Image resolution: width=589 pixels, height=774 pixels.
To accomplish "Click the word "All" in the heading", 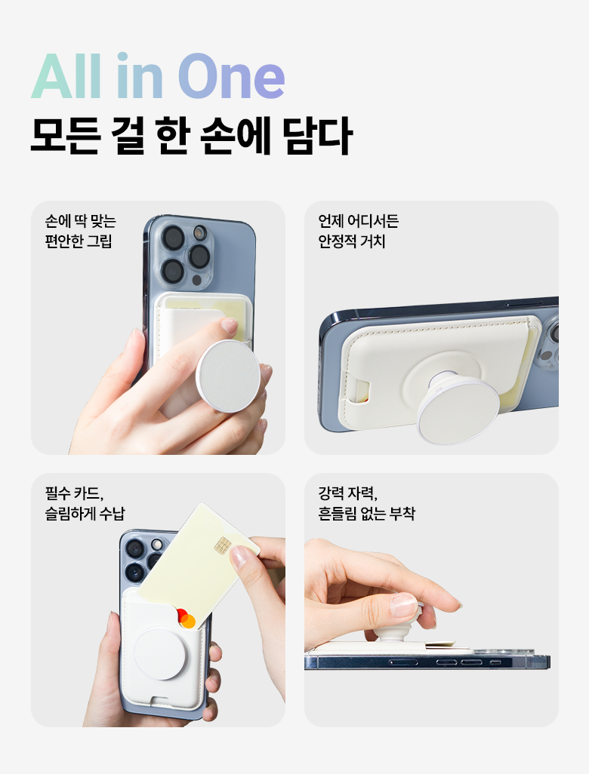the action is click(66, 76).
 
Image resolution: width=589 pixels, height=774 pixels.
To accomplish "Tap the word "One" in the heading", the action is click(231, 76).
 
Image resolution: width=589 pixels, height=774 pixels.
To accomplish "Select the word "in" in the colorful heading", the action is click(140, 76).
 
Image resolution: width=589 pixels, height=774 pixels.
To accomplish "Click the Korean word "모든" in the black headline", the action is click(66, 135).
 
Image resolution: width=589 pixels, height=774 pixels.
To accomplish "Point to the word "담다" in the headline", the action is click(318, 135).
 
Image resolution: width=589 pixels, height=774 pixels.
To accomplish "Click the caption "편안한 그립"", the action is click(79, 241).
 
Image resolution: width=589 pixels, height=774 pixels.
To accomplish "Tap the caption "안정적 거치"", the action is click(352, 241).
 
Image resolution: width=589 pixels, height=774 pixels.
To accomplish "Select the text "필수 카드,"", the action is click(74, 493).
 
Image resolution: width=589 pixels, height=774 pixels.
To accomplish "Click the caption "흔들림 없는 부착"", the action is click(367, 514).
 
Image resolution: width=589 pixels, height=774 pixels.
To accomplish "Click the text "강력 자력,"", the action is click(347, 493).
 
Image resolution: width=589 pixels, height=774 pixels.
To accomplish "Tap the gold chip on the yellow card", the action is click(223, 545).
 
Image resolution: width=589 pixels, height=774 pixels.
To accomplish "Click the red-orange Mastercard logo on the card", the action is click(186, 619).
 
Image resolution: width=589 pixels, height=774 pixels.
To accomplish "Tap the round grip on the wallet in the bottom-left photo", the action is click(160, 654).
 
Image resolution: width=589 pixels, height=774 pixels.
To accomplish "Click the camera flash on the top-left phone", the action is click(199, 232).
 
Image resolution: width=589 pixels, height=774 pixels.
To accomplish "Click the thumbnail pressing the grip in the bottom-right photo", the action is click(403, 604).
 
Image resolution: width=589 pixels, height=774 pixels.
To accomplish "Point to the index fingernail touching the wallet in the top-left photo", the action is click(229, 324).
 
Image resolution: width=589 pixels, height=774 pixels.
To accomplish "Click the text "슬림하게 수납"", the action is click(85, 514).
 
